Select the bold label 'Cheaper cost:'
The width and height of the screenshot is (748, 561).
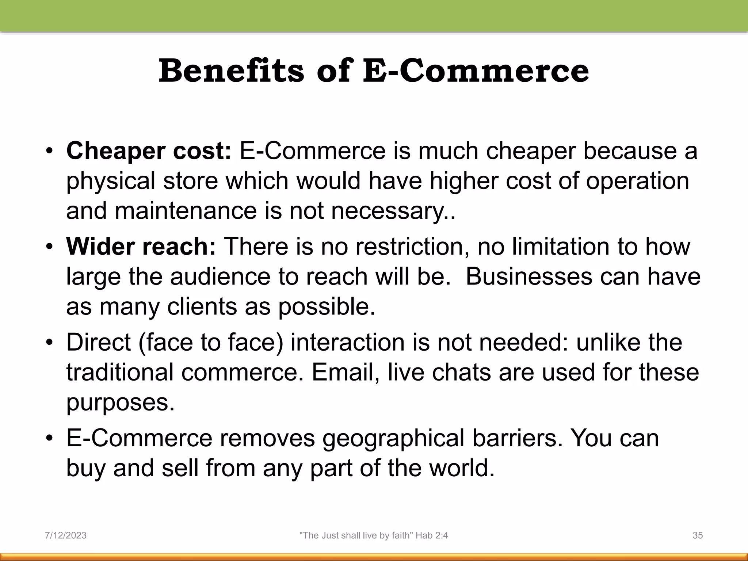pyautogui.click(x=149, y=151)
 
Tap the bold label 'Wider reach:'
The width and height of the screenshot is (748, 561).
pyautogui.click(x=141, y=247)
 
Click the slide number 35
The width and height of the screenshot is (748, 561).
pyautogui.click(x=698, y=535)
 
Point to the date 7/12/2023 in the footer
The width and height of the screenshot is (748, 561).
pyautogui.click(x=66, y=535)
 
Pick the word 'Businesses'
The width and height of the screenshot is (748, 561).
pyautogui.click(x=529, y=276)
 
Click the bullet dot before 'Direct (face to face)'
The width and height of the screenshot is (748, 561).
pyautogui.click(x=50, y=343)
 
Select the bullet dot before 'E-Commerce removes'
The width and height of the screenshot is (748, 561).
pyautogui.click(x=50, y=439)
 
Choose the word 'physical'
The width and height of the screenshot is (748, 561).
pyautogui.click(x=111, y=182)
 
